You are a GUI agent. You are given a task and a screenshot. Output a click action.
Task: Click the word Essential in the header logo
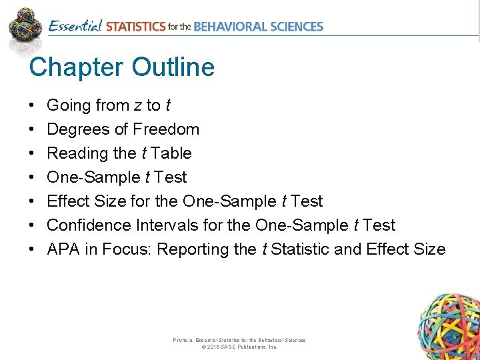[75, 27]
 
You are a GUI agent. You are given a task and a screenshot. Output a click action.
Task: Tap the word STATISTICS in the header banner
[135, 27]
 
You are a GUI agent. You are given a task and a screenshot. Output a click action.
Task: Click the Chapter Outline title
[121, 67]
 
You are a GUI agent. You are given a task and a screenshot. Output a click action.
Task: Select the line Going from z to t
[108, 105]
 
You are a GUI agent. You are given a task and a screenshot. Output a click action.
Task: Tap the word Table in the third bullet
[171, 153]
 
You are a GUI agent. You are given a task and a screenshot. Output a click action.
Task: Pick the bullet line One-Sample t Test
[117, 177]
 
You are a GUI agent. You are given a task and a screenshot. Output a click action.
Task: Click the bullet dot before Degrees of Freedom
[32, 129]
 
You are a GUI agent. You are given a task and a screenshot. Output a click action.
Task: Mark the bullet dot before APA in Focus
[32, 249]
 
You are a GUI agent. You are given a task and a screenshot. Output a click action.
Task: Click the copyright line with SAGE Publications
[239, 347]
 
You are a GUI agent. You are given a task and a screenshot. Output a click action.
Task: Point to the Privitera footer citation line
[239, 340]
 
